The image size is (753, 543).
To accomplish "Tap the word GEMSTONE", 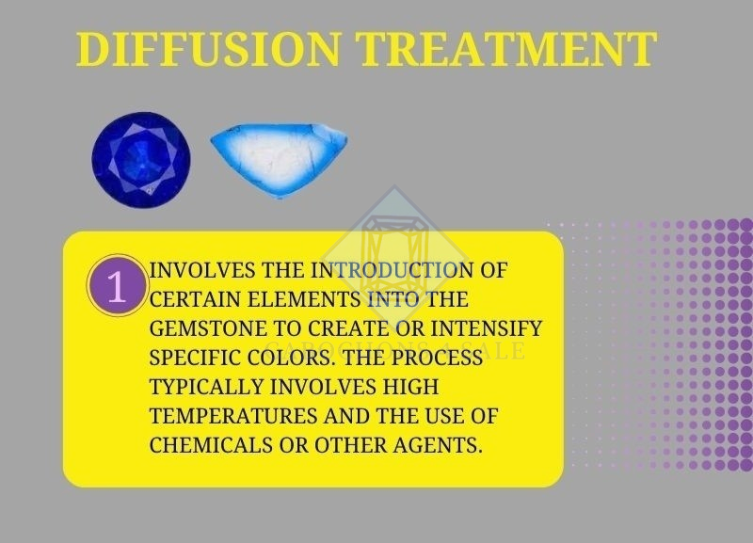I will [203, 329].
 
